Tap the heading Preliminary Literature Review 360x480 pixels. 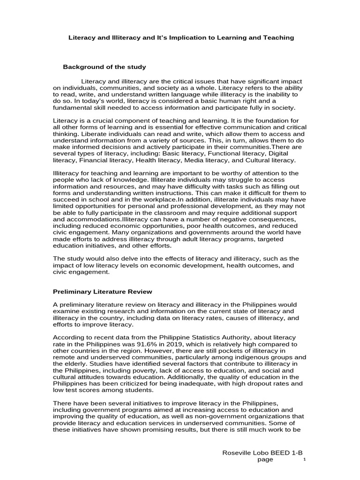[102, 292]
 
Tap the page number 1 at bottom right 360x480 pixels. [304, 460]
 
